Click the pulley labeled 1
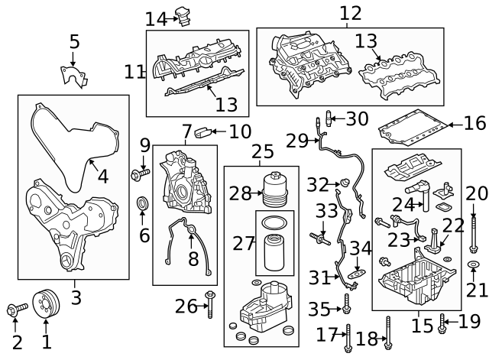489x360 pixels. click(47, 306)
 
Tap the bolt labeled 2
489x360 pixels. click(15, 309)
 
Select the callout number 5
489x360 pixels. click(74, 42)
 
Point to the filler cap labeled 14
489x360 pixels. click(185, 14)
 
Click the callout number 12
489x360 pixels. click(350, 13)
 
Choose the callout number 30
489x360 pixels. click(357, 118)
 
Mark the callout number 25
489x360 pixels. click(261, 152)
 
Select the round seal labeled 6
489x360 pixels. click(142, 204)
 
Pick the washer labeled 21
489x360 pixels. click(473, 265)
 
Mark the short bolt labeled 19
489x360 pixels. click(442, 324)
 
